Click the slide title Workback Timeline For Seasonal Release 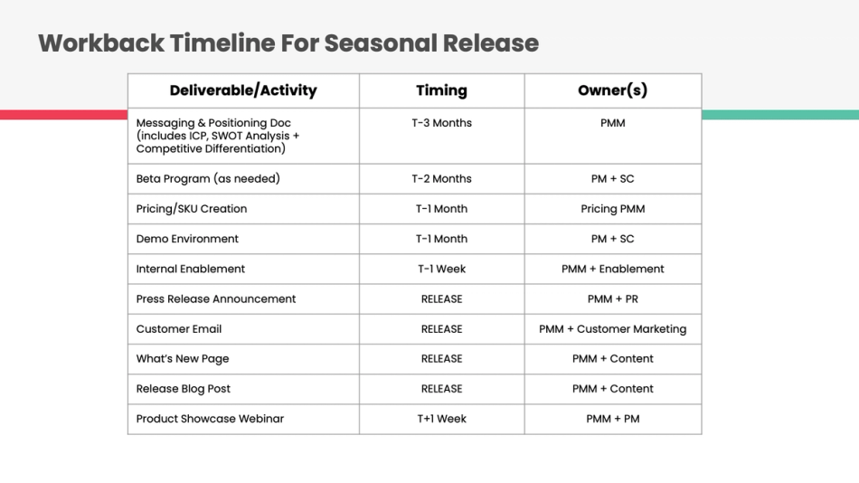(288, 43)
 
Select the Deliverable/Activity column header (243, 90)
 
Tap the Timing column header (441, 90)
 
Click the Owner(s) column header (612, 90)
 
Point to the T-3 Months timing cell (441, 123)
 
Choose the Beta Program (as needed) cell (208, 178)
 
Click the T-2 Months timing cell (441, 178)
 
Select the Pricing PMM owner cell (612, 209)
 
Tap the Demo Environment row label (187, 239)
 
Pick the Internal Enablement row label (190, 269)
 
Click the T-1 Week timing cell (441, 269)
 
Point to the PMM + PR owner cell (612, 298)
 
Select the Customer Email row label (179, 328)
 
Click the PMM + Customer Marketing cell (612, 328)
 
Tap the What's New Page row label (183, 358)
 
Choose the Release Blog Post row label (184, 388)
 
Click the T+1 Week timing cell (441, 419)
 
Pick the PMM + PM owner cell (612, 419)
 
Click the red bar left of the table (63, 115)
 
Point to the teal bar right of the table (779, 115)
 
